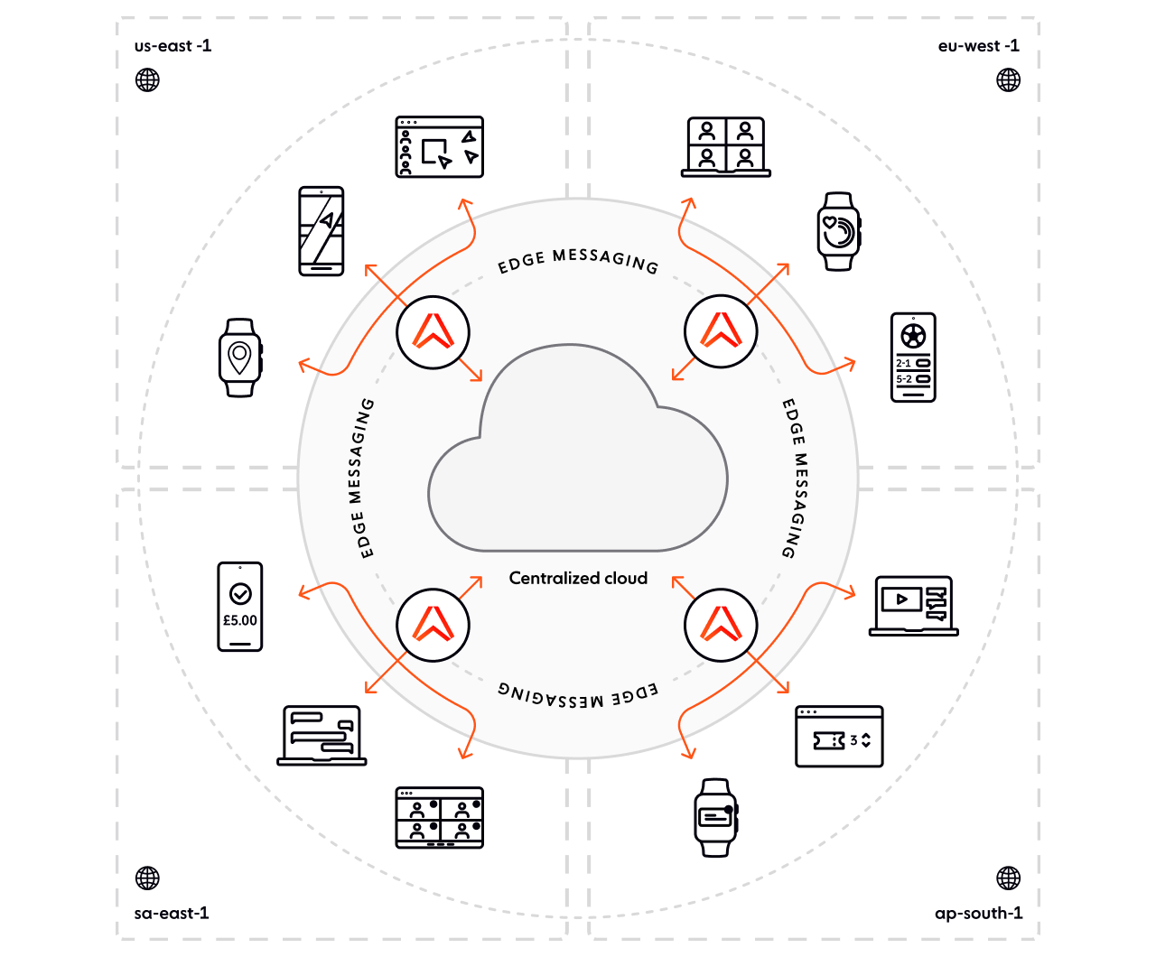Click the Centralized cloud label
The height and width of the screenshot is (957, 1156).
click(578, 578)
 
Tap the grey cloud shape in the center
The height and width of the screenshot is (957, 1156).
click(578, 451)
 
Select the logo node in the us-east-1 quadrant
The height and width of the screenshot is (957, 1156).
click(433, 332)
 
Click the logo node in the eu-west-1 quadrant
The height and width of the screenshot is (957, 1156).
click(721, 332)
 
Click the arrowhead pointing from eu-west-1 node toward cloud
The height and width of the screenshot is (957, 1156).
click(675, 376)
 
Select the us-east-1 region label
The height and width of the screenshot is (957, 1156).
click(173, 46)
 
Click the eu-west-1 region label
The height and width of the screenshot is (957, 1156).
click(978, 46)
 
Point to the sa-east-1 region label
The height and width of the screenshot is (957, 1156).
click(173, 914)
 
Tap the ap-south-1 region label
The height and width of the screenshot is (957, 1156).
click(978, 914)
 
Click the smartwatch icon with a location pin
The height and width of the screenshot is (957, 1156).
click(239, 358)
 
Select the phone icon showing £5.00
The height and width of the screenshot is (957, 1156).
click(240, 606)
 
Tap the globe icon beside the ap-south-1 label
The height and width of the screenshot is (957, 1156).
click(1008, 878)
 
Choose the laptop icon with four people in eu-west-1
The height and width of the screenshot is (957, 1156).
click(726, 144)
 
